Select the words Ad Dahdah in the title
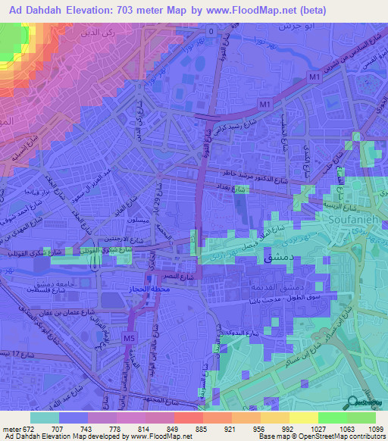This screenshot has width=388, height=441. pos(34,9)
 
